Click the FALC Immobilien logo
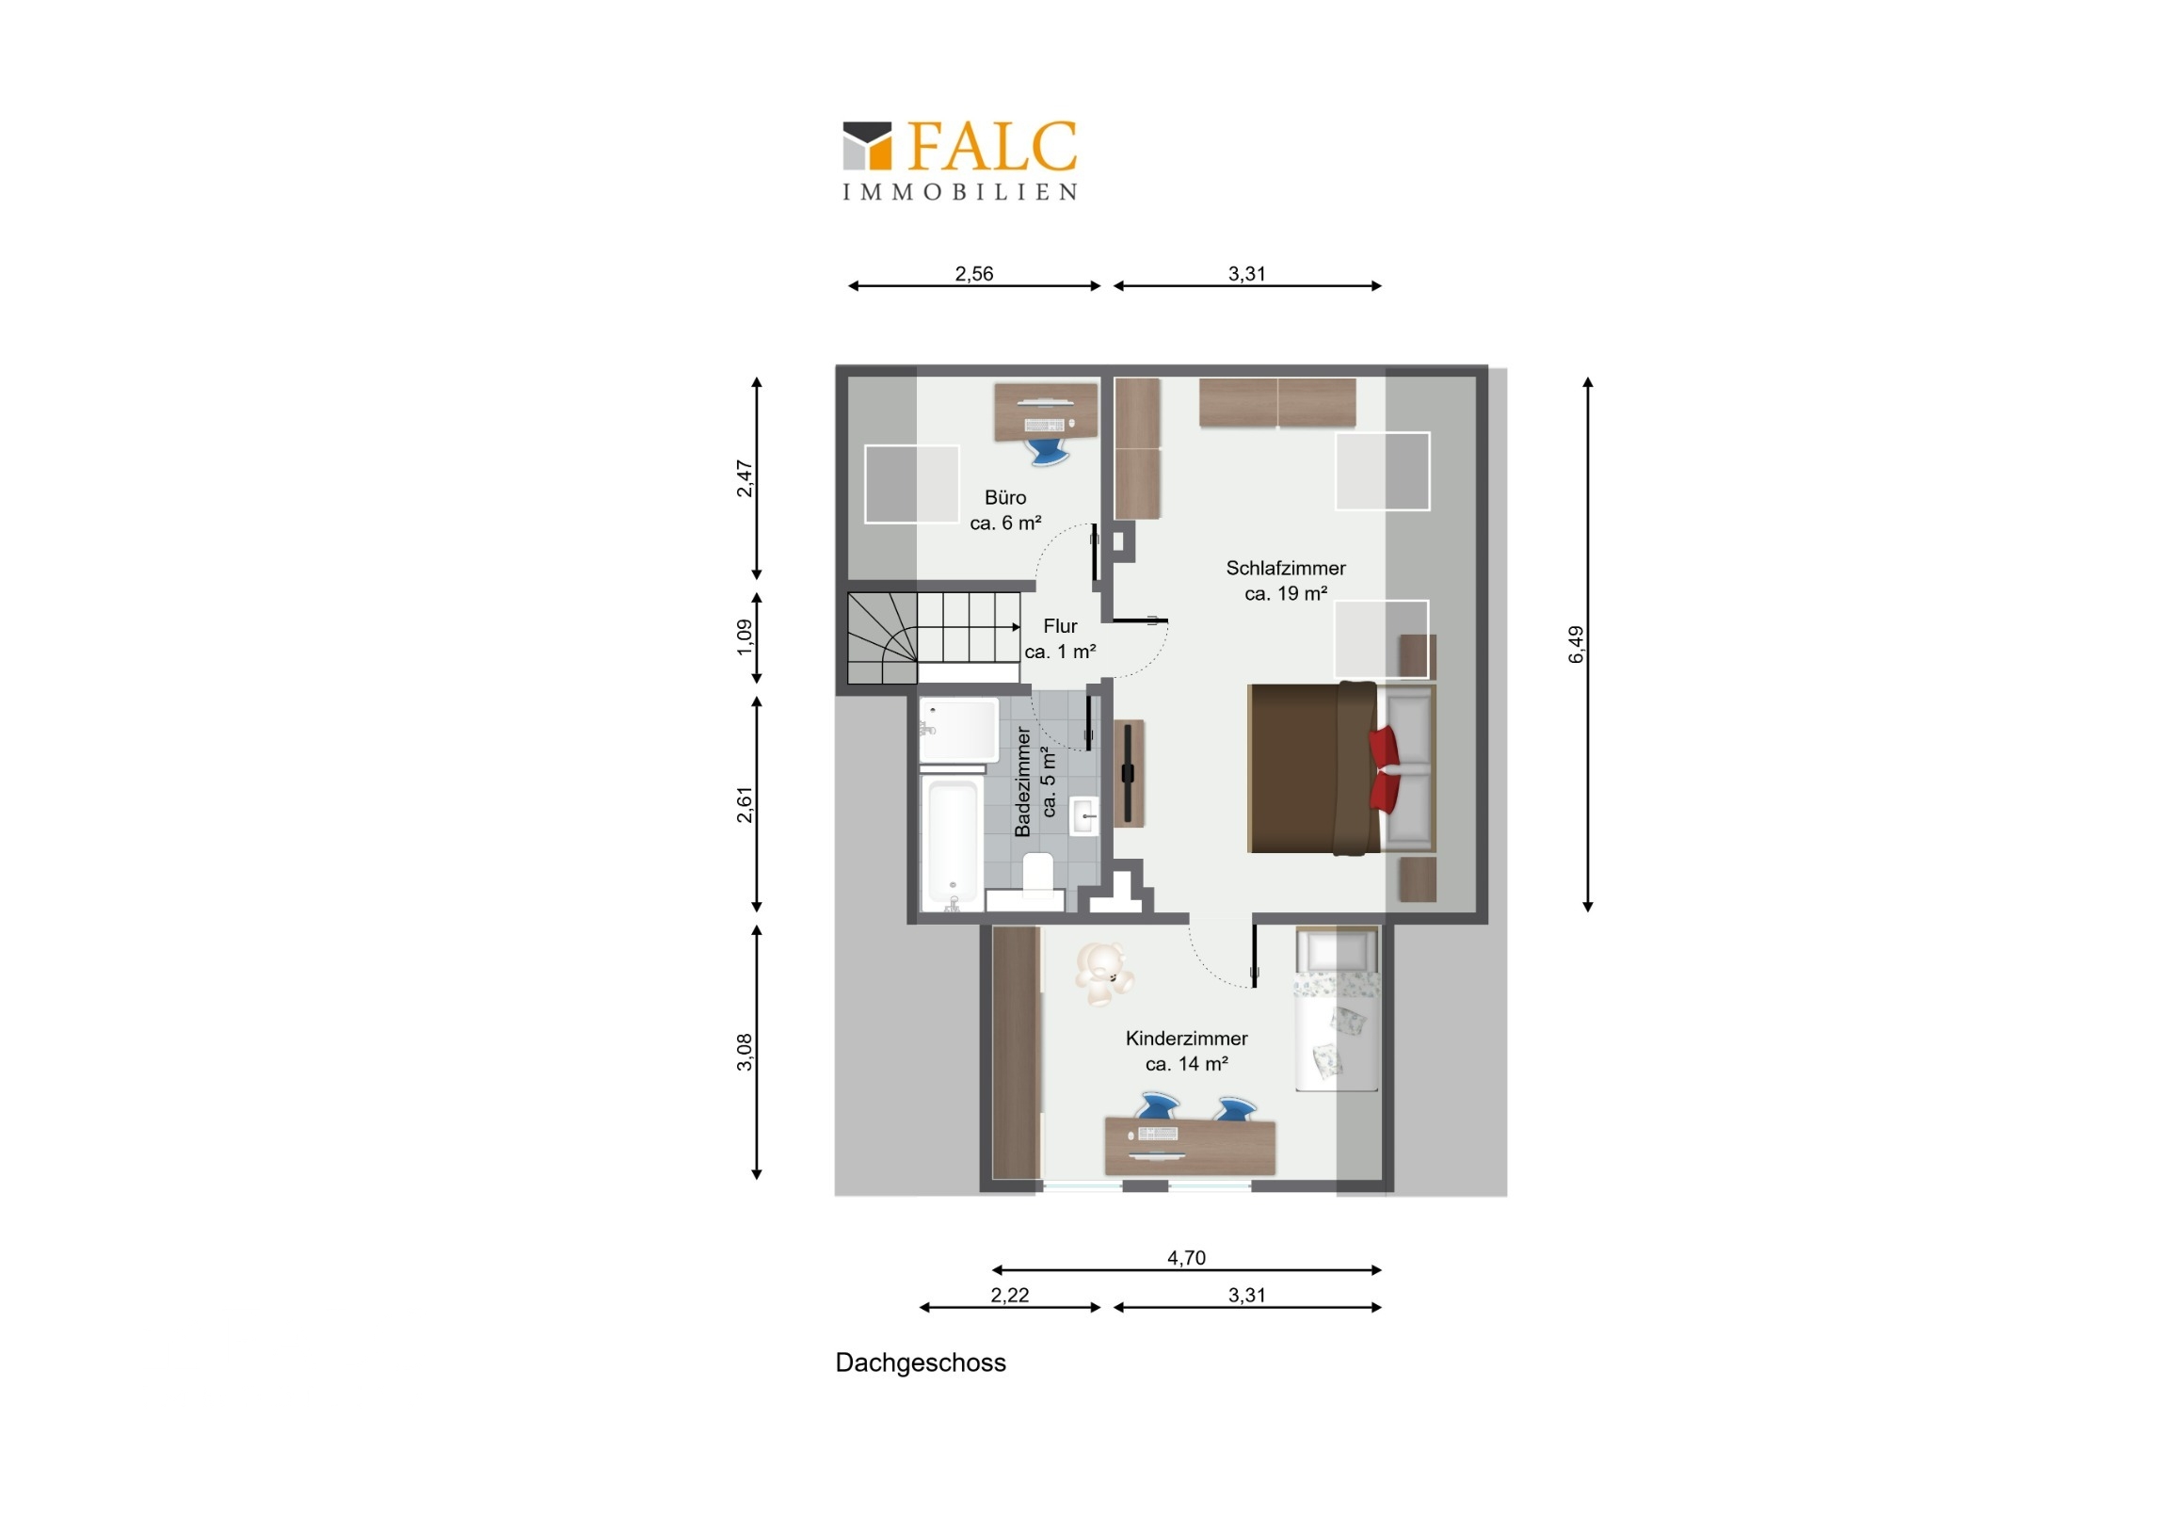(960, 160)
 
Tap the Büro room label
(1005, 509)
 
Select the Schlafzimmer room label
(1285, 580)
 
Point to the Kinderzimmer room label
(1186, 1051)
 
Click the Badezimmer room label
(1034, 782)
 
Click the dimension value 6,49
(1576, 644)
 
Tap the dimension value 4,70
(1186, 1257)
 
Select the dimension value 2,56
(974, 274)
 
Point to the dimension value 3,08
(744, 1052)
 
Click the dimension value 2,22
(1009, 1296)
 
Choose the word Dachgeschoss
(921, 1362)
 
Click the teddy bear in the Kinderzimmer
(1102, 973)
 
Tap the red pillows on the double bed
(1387, 769)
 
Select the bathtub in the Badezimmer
(952, 844)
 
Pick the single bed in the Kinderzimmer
(1336, 1008)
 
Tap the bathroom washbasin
(1084, 816)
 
